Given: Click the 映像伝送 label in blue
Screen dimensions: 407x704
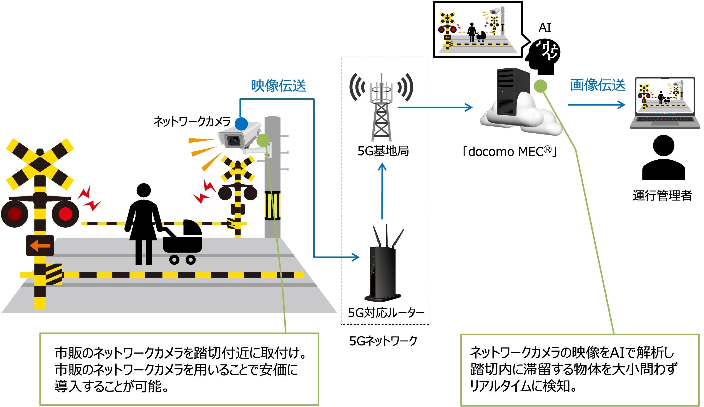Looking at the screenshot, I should coord(278,86).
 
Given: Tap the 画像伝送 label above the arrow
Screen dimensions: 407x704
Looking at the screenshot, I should coord(598,85).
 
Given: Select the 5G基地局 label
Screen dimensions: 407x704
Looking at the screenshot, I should coord(383,151).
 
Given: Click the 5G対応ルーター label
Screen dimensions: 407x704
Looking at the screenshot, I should coord(386,313).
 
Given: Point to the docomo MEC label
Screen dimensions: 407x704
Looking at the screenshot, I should coord(509,152).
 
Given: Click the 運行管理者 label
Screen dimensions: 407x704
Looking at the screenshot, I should coord(662,195).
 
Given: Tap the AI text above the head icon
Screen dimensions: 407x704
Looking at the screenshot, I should coord(545,28).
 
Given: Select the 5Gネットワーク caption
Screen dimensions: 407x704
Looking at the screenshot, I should coord(383,341).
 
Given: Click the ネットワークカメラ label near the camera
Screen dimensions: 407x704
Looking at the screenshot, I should coord(192,122).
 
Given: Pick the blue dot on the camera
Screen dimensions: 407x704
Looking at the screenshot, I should coord(241,124).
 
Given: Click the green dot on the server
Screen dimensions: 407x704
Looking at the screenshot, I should coord(540,86).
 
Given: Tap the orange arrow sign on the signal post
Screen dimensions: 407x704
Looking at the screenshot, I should coord(40,246).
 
